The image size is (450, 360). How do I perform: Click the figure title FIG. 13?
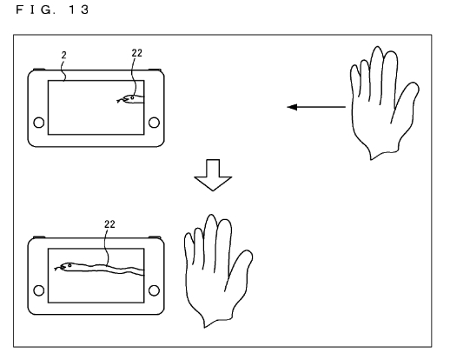click(x=52, y=10)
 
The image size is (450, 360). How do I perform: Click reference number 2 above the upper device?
click(x=64, y=55)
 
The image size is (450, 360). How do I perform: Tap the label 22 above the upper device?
click(x=136, y=53)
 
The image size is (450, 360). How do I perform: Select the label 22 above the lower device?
click(x=109, y=224)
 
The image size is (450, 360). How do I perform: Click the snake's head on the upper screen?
click(x=129, y=98)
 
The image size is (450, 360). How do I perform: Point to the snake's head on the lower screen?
click(x=67, y=266)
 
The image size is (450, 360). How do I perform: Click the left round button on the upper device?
click(x=39, y=123)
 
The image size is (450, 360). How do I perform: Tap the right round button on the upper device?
click(x=154, y=123)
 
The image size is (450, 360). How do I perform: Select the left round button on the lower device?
click(x=39, y=290)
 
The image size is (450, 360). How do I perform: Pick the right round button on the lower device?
click(x=154, y=290)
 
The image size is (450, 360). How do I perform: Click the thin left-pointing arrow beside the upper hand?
click(x=316, y=107)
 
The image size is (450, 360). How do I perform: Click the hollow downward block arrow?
click(x=213, y=175)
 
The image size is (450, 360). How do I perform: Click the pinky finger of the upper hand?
click(x=355, y=80)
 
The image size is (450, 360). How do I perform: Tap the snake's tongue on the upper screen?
click(x=119, y=101)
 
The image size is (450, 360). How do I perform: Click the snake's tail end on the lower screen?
click(x=142, y=272)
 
